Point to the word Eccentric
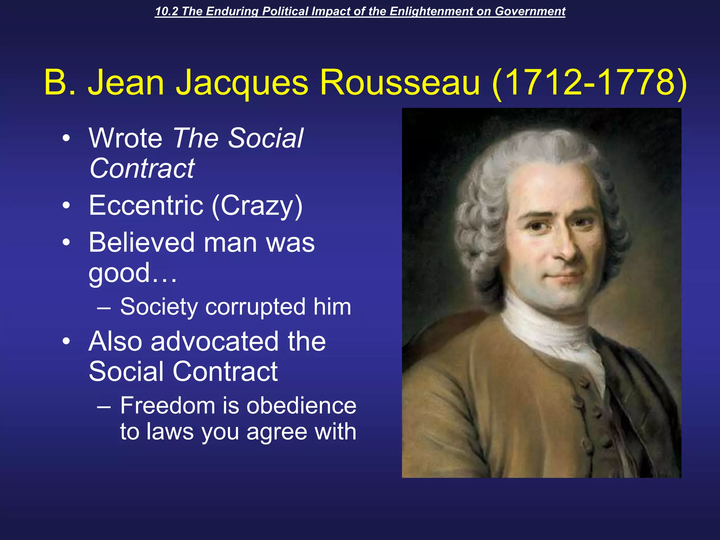146,205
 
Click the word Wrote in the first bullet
126,138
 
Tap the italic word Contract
142,168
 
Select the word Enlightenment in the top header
431,11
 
